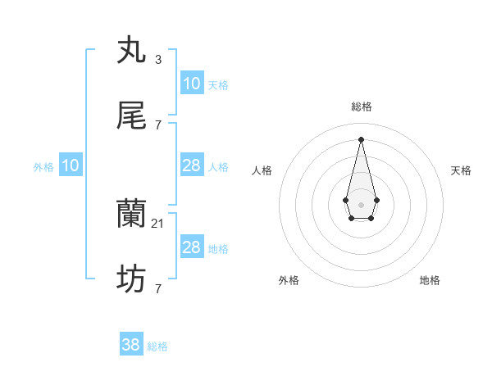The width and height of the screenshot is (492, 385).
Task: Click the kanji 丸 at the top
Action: click(131, 50)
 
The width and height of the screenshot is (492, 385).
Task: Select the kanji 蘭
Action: click(131, 215)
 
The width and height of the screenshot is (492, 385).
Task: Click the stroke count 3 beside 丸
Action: click(157, 59)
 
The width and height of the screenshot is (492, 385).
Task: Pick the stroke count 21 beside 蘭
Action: click(158, 223)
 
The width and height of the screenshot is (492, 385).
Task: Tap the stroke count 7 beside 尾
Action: click(157, 125)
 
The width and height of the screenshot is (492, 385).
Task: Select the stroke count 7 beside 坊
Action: click(157, 288)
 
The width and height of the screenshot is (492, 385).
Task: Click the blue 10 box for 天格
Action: click(192, 84)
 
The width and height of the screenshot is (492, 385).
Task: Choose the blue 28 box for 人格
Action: click(192, 165)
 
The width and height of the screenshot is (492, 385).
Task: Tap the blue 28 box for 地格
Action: click(192, 247)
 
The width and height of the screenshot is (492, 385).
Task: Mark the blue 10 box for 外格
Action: click(71, 165)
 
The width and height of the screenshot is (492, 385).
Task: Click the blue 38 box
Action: click(131, 345)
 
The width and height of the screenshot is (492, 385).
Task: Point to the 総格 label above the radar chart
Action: click(362, 106)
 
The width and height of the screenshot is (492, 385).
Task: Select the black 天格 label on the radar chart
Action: click(462, 170)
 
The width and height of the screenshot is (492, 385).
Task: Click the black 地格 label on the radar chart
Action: click(430, 280)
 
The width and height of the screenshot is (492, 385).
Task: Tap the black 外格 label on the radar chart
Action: click(289, 280)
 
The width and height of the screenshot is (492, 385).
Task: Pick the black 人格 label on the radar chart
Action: click(262, 170)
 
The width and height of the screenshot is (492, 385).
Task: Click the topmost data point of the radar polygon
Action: click(361, 138)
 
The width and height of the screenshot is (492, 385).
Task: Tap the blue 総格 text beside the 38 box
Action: click(157, 346)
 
